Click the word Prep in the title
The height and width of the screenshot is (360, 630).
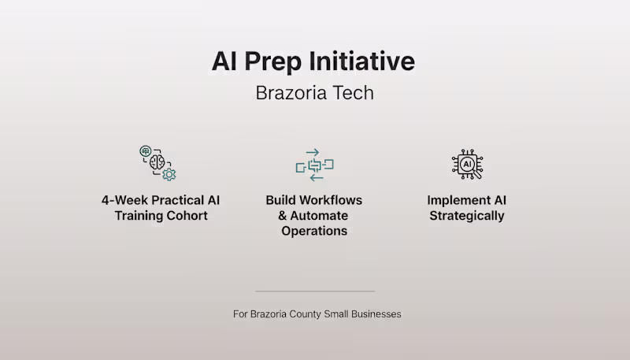(272, 62)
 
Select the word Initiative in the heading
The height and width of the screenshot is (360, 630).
(361, 61)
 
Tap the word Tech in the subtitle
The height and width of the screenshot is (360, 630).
(354, 93)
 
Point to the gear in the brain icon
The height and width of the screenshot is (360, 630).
(169, 175)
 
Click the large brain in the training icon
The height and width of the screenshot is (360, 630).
(157, 162)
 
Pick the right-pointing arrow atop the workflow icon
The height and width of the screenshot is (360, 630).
(313, 152)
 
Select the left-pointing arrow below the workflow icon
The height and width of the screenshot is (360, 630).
(317, 177)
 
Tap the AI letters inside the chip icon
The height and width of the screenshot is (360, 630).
(467, 164)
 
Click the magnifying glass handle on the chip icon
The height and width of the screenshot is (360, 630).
(477, 174)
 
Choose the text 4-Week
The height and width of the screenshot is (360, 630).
(124, 200)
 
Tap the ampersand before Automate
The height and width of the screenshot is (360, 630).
(283, 216)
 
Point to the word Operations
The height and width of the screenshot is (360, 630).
(314, 231)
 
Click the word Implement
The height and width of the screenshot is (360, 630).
(455, 201)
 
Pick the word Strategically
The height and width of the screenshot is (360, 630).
(467, 216)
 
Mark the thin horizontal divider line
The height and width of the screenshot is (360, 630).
(315, 291)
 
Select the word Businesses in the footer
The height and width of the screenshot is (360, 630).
(376, 314)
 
